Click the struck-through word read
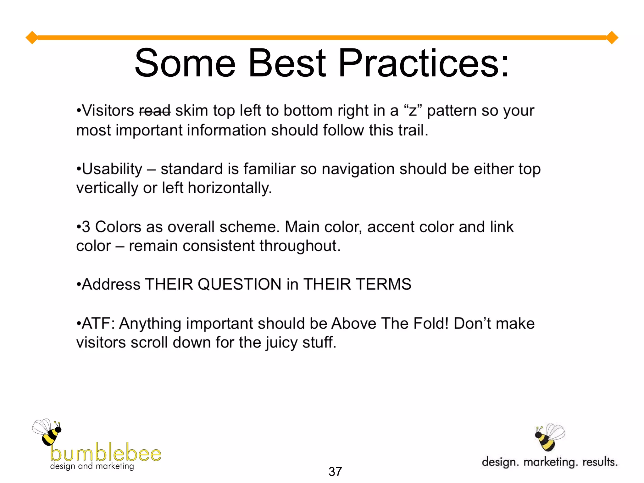(155, 111)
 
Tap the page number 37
(335, 472)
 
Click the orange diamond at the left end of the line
(32, 38)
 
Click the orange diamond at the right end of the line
(612, 38)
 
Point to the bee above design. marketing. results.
(550, 437)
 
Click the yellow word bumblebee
(106, 453)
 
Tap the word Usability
(112, 169)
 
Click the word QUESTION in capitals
(239, 284)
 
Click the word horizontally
(230, 188)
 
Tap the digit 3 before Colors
(86, 227)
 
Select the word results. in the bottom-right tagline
(600, 462)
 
